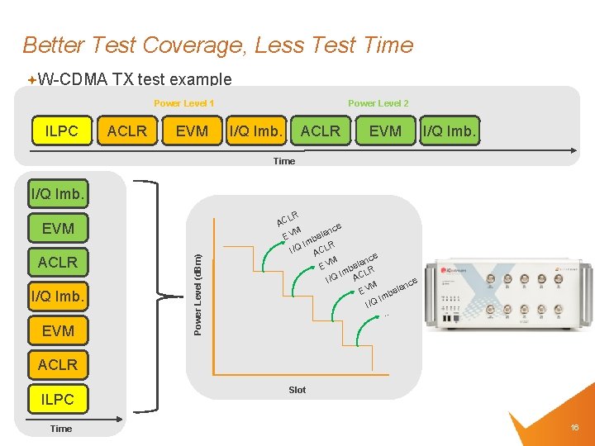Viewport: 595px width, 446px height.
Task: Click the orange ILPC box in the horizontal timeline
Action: pos(62,130)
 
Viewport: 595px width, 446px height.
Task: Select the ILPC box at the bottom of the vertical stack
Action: pos(58,399)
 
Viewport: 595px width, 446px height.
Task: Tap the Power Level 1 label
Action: pos(184,103)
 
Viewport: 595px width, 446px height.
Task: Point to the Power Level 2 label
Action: pos(378,103)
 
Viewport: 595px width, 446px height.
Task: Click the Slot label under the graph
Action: pos(297,390)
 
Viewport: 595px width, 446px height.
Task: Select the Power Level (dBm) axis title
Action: pos(198,294)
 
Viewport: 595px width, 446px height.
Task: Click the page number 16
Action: pos(574,427)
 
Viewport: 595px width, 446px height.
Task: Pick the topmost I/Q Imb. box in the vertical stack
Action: pos(58,195)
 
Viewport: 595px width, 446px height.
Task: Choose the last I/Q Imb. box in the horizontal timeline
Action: pos(450,130)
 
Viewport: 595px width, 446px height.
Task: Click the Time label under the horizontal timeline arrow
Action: pos(283,161)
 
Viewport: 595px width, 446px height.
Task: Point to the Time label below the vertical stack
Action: pos(61,429)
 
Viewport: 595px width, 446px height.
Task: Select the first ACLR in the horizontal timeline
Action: pos(127,130)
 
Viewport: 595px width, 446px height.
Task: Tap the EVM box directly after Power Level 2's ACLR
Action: pos(385,130)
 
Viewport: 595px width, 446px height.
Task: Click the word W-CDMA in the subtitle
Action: pos(73,79)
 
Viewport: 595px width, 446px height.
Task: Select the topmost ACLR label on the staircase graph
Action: pos(287,219)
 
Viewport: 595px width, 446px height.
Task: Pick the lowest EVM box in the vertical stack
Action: pos(58,330)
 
